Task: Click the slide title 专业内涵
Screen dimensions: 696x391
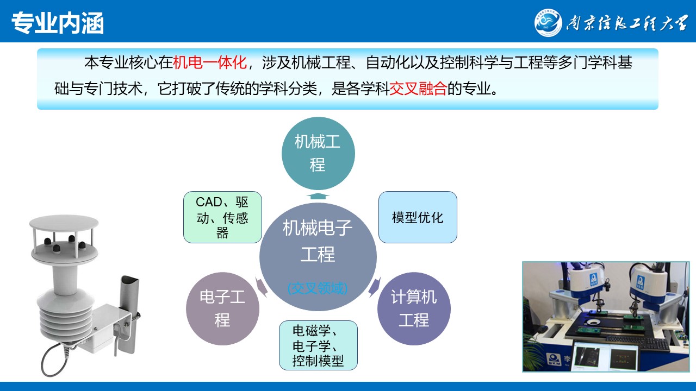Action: coord(58,23)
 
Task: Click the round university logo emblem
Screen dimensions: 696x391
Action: coord(548,23)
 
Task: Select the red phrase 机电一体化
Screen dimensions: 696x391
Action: coord(210,62)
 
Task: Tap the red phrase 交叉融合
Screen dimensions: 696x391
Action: coord(418,89)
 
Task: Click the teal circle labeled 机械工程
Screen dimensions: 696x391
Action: coord(318,153)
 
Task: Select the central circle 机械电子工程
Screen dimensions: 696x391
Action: coord(318,257)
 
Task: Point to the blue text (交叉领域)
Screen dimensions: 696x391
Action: coord(318,288)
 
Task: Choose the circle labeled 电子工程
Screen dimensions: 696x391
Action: coord(222,308)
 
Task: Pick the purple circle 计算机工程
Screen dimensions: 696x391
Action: coord(414,308)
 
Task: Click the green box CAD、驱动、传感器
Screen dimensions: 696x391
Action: coord(222,217)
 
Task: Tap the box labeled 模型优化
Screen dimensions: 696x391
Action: coord(418,217)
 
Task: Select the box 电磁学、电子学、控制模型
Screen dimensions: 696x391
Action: coord(318,345)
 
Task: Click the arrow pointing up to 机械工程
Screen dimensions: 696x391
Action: coord(318,196)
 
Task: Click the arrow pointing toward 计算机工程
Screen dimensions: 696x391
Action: coord(375,287)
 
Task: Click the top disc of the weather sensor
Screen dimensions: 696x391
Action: coord(64,223)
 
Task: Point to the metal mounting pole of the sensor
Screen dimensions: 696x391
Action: coord(129,313)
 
